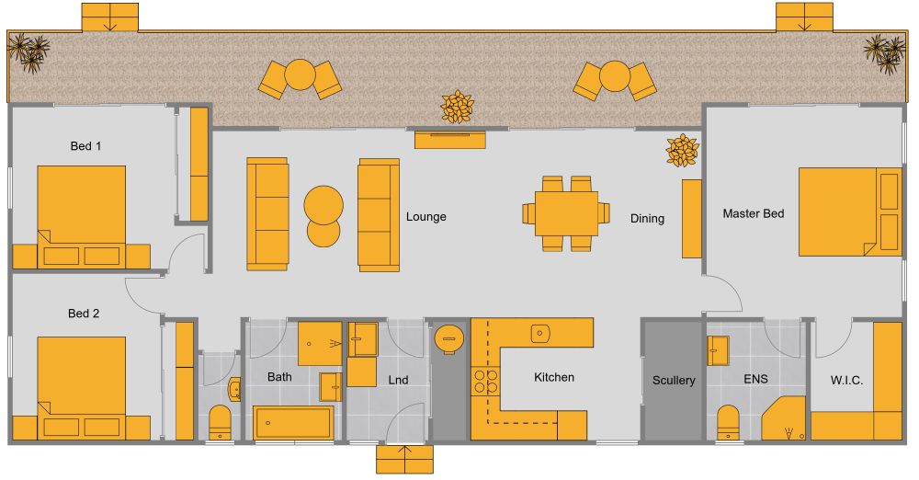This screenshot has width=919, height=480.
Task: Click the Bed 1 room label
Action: point(85,146)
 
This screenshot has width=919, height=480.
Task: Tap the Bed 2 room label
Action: point(84,314)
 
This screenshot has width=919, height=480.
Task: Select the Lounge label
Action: point(425,217)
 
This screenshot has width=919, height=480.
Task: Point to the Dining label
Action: point(647,219)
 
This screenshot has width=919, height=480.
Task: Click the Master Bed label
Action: point(754,213)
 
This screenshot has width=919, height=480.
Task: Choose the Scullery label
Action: point(674,380)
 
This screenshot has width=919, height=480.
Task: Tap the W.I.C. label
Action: point(846,380)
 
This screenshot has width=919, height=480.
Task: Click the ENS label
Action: point(755,378)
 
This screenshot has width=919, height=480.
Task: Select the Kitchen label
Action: point(554,377)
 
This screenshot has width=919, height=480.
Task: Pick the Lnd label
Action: point(398,380)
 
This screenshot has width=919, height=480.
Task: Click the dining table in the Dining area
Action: point(566,213)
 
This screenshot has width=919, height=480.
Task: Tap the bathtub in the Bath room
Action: point(293,423)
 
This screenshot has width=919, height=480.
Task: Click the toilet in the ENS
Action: point(729,421)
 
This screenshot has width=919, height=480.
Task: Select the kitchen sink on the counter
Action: point(540,332)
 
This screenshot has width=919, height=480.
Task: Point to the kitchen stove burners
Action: point(484,382)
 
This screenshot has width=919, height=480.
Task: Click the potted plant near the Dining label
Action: point(682,150)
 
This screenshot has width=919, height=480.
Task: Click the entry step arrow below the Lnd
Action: point(404,458)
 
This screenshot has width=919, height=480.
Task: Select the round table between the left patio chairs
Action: point(300,74)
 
